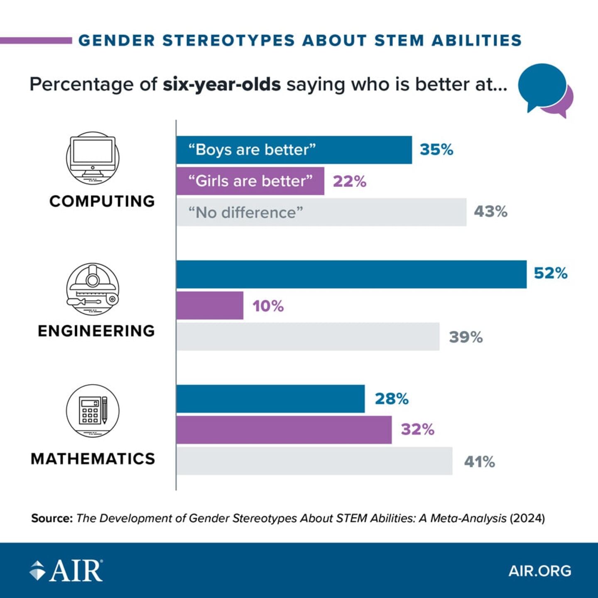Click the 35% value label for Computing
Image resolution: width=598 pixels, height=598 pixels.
click(x=436, y=149)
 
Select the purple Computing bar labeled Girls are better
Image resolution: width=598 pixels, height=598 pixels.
click(x=250, y=181)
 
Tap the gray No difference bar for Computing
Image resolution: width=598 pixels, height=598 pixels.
click(x=321, y=212)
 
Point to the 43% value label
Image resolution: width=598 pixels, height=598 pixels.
click(x=490, y=212)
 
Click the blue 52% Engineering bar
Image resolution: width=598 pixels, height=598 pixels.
click(x=351, y=274)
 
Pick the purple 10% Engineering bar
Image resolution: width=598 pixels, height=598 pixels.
click(x=210, y=306)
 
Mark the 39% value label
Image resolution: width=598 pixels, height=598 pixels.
click(x=466, y=337)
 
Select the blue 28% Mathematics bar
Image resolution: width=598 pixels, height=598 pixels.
click(x=270, y=399)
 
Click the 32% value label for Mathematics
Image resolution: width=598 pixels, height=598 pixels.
click(x=417, y=429)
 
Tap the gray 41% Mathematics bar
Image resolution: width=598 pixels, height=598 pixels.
click(x=314, y=461)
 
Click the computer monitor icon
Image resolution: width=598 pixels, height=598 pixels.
click(x=93, y=158)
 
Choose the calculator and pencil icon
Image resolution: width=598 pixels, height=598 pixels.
click(x=93, y=410)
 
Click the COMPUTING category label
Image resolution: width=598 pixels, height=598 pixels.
click(x=102, y=201)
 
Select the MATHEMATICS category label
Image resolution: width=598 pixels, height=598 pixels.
click(x=93, y=459)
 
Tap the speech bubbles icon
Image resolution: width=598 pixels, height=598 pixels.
click(x=545, y=90)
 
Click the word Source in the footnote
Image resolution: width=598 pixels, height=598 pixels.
click(x=51, y=518)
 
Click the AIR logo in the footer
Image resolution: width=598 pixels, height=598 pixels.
click(x=66, y=571)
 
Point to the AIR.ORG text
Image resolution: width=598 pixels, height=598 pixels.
click(x=539, y=571)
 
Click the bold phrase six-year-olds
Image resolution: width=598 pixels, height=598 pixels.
click(x=221, y=84)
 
